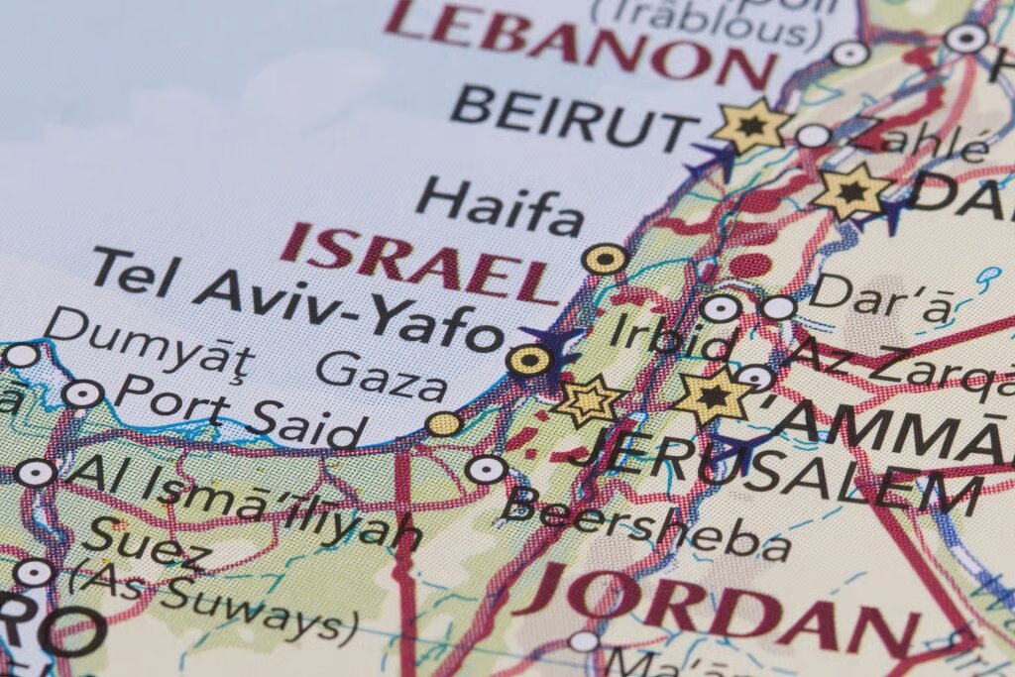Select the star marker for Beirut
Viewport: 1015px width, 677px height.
coord(750,126)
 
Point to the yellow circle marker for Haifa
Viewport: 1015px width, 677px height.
coord(605,260)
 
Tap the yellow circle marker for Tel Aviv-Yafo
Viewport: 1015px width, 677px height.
coord(529,360)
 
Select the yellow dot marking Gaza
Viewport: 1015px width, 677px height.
coord(444,424)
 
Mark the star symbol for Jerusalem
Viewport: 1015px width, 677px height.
coord(588,400)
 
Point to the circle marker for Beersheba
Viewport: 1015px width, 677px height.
coord(487,469)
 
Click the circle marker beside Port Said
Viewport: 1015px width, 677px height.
coord(82,394)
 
